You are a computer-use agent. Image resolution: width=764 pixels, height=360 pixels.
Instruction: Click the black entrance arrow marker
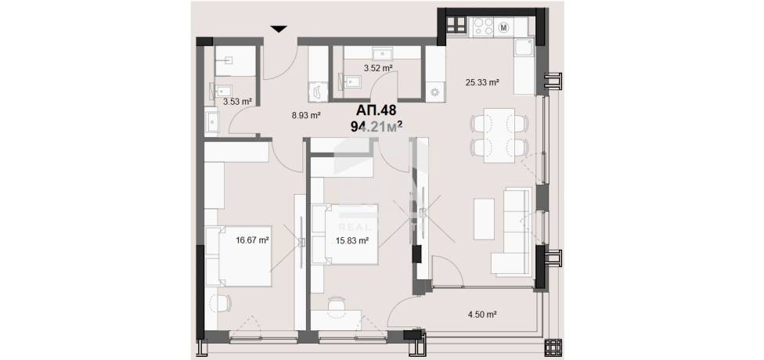[x=279, y=29]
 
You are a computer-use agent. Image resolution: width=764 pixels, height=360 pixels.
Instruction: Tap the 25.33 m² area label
[x=482, y=83]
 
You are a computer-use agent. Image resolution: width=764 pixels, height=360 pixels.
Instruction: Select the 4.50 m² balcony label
[x=481, y=315]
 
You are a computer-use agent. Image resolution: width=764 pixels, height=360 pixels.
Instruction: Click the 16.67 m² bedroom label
[x=253, y=239]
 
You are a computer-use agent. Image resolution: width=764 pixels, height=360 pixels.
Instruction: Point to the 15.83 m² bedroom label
[x=351, y=239]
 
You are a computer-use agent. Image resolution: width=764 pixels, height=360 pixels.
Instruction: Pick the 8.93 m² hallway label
[x=305, y=116]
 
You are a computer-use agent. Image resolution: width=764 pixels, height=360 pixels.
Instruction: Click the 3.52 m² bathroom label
[x=378, y=68]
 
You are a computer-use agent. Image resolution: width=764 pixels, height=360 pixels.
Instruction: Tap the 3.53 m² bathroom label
[x=237, y=102]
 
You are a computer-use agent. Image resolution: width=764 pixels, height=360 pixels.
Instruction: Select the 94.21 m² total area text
[x=377, y=127]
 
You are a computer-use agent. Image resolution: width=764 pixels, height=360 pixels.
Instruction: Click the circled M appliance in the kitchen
[x=504, y=27]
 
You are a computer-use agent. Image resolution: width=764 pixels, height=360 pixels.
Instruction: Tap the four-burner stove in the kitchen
[x=483, y=27]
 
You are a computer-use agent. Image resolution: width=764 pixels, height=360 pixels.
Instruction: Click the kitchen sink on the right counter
[x=524, y=49]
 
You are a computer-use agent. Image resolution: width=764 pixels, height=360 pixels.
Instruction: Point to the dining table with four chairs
[x=499, y=135]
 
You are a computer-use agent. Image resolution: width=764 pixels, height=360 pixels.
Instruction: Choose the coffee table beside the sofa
[x=484, y=218]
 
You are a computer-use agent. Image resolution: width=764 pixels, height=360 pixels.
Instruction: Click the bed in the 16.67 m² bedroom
[x=238, y=256]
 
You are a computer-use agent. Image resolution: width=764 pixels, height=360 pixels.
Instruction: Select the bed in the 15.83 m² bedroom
[x=345, y=234]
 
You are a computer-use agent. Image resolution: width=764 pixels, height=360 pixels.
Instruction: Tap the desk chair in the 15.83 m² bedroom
[x=336, y=304]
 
